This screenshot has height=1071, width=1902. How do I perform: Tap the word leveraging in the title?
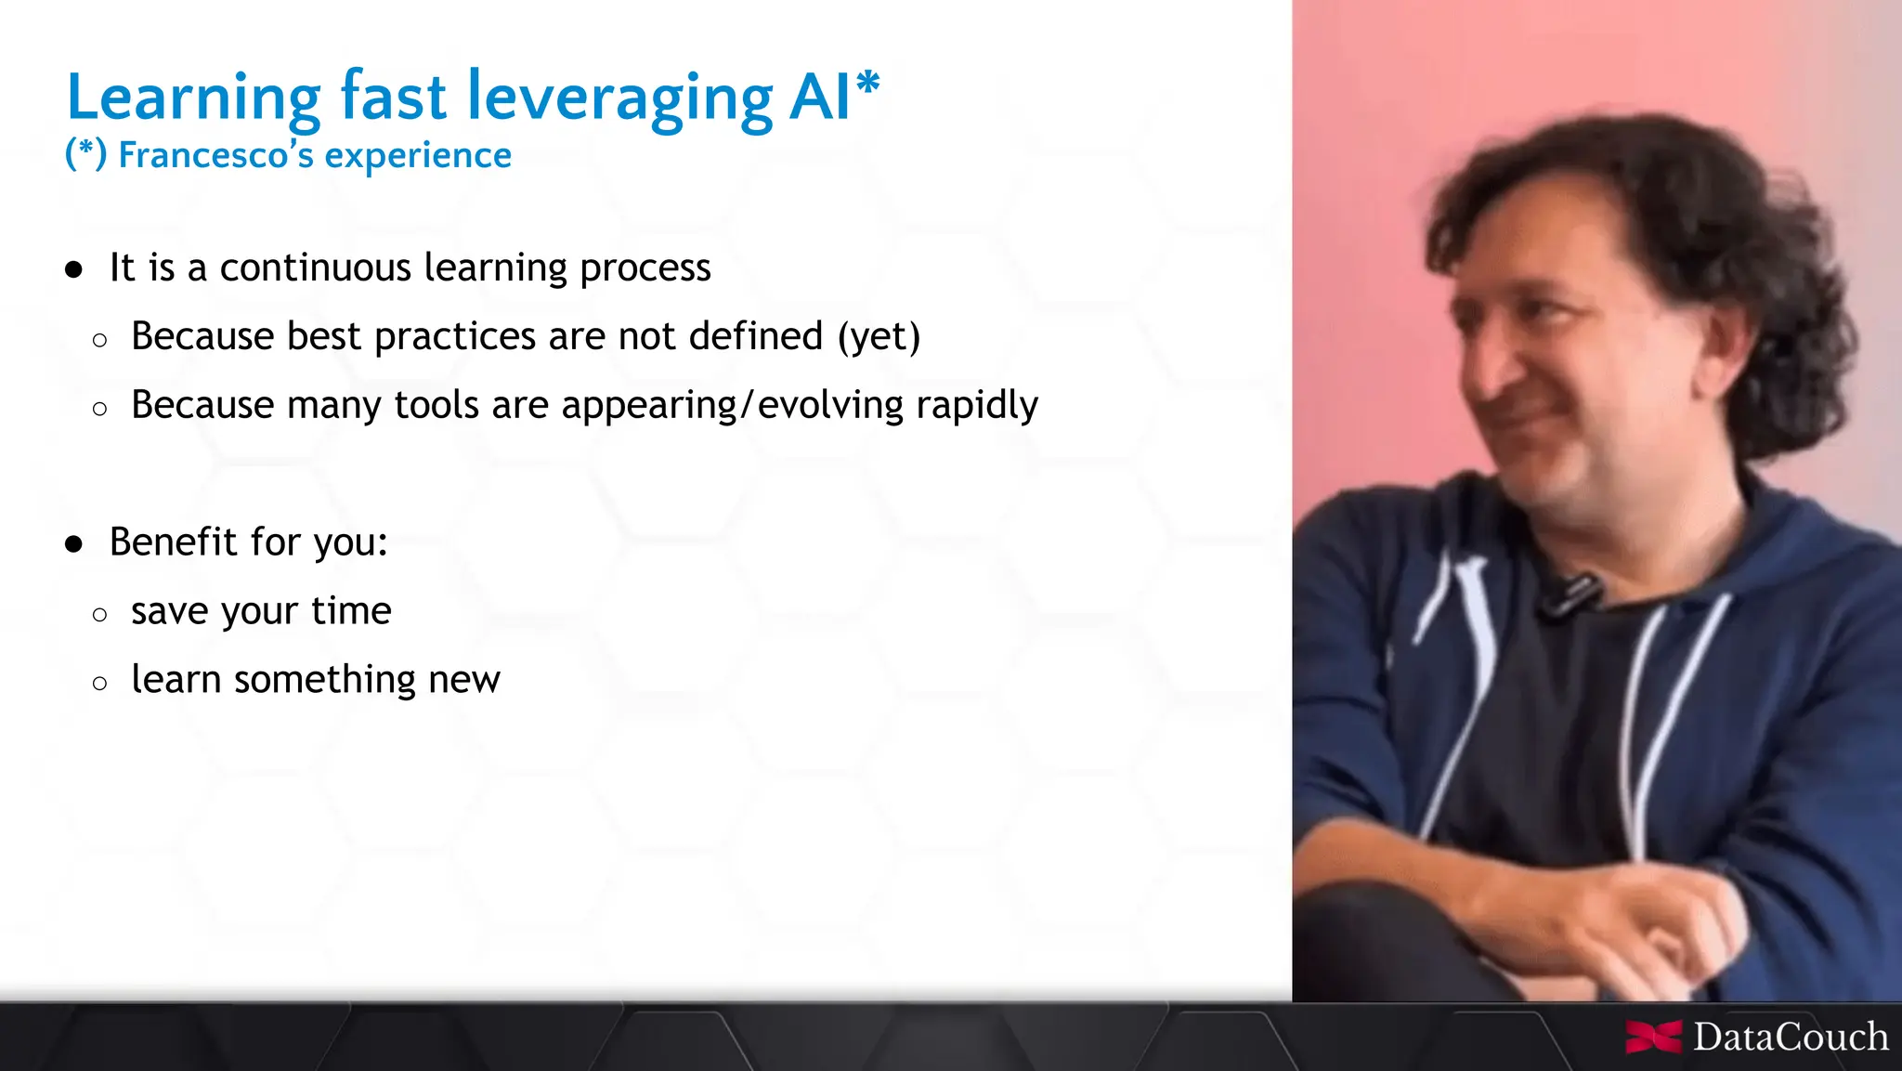point(619,98)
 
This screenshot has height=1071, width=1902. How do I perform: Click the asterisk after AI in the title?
point(868,84)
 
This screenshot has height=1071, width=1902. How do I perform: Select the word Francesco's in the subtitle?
point(216,155)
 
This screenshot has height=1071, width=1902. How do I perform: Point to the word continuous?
point(315,268)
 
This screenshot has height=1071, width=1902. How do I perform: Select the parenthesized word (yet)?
point(879,336)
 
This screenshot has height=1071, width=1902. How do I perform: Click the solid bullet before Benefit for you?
point(74,543)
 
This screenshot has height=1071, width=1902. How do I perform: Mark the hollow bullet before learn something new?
point(100,684)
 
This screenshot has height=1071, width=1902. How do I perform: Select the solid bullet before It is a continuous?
point(74,269)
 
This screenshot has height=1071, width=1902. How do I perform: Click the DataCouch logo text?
point(1790,1037)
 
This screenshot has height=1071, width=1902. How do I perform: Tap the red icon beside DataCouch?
point(1653,1037)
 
